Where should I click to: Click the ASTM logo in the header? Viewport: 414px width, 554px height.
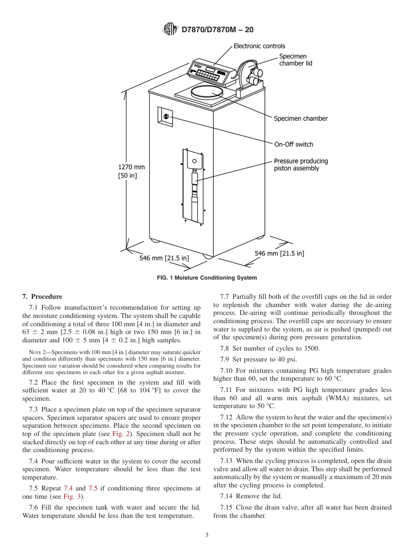(x=170, y=30)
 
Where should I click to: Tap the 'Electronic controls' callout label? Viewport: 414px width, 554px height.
(x=259, y=46)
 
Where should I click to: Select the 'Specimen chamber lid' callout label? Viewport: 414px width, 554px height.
(x=295, y=60)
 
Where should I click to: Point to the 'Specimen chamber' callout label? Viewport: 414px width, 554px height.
(x=300, y=118)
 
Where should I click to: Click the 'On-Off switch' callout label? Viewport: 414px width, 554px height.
(x=293, y=145)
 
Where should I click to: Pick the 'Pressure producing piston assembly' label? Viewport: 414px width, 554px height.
(x=300, y=165)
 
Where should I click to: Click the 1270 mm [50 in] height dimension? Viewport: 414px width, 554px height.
(x=131, y=171)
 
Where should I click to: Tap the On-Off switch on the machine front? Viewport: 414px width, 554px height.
(x=166, y=116)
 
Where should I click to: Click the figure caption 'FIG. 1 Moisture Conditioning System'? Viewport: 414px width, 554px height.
(x=207, y=278)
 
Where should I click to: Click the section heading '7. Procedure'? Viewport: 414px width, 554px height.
(x=42, y=297)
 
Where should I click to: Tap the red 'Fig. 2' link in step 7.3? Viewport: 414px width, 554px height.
(x=119, y=434)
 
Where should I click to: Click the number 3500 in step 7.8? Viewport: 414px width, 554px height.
(x=310, y=348)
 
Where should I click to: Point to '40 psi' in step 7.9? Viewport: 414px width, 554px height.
(x=288, y=359)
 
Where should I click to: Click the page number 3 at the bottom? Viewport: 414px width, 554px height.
(x=207, y=535)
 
